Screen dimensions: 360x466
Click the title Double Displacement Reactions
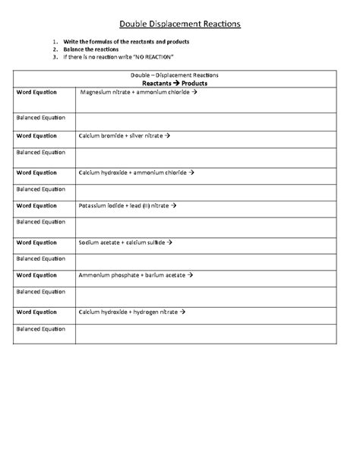(x=180, y=24)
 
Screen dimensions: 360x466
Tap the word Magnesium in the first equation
(x=99, y=92)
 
